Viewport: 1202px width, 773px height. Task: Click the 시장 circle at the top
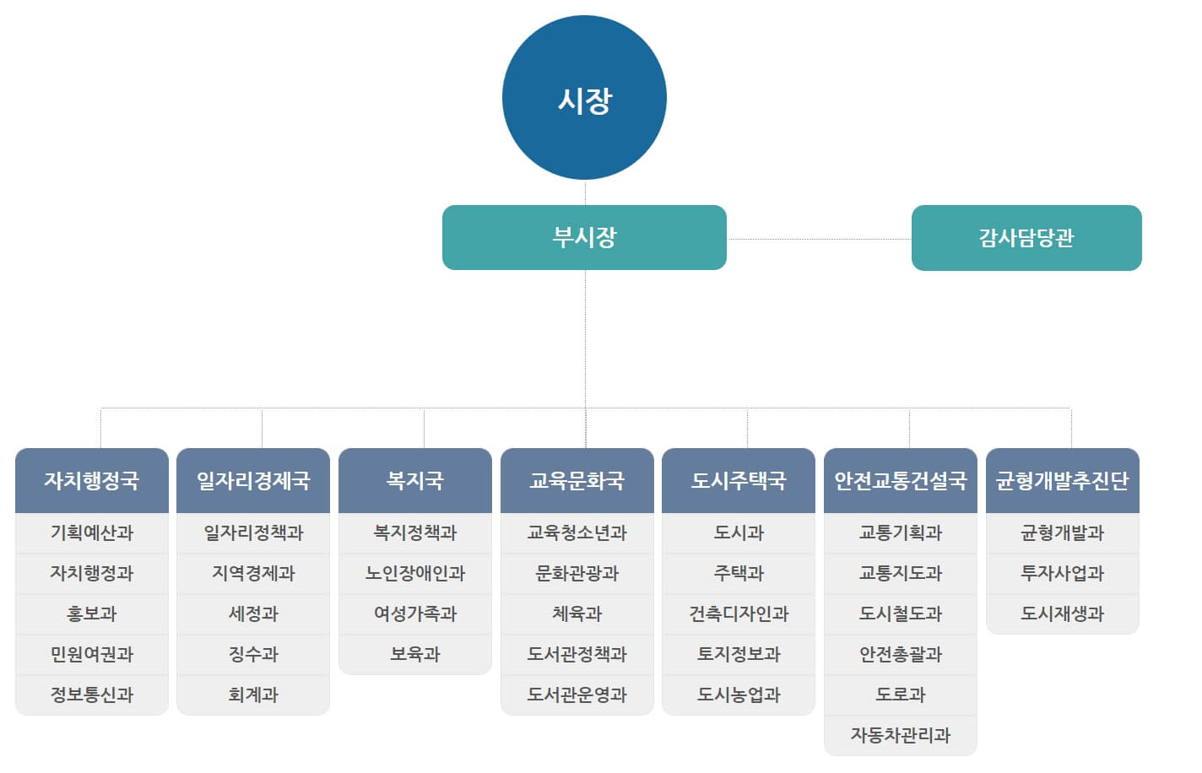pos(584,98)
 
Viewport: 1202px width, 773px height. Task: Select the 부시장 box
pos(584,237)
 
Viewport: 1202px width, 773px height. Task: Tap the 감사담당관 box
pos(1026,238)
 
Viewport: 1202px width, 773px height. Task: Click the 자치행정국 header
pos(92,480)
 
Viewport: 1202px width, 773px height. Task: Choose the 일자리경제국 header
pos(253,480)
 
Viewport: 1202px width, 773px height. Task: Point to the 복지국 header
pos(415,480)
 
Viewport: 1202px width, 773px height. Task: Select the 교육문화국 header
pos(577,480)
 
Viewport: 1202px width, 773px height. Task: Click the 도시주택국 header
pos(739,480)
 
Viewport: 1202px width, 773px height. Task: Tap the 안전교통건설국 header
pos(901,480)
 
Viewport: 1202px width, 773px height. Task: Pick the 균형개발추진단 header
pos(1063,480)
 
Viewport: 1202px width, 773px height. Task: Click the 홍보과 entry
pos(92,614)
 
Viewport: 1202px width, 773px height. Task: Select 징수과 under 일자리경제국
pos(253,654)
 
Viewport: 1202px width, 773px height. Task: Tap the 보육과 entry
pos(415,654)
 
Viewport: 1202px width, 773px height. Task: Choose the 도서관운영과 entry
pos(577,695)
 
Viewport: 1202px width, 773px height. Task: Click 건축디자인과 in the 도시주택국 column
pos(739,614)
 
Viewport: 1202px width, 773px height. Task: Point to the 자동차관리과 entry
pos(901,735)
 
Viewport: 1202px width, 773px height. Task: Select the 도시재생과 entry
pos(1063,614)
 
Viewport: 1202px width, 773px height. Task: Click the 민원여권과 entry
pos(92,654)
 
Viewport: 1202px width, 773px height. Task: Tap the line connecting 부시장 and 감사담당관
pos(819,239)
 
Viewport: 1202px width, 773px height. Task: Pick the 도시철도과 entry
pos(901,614)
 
